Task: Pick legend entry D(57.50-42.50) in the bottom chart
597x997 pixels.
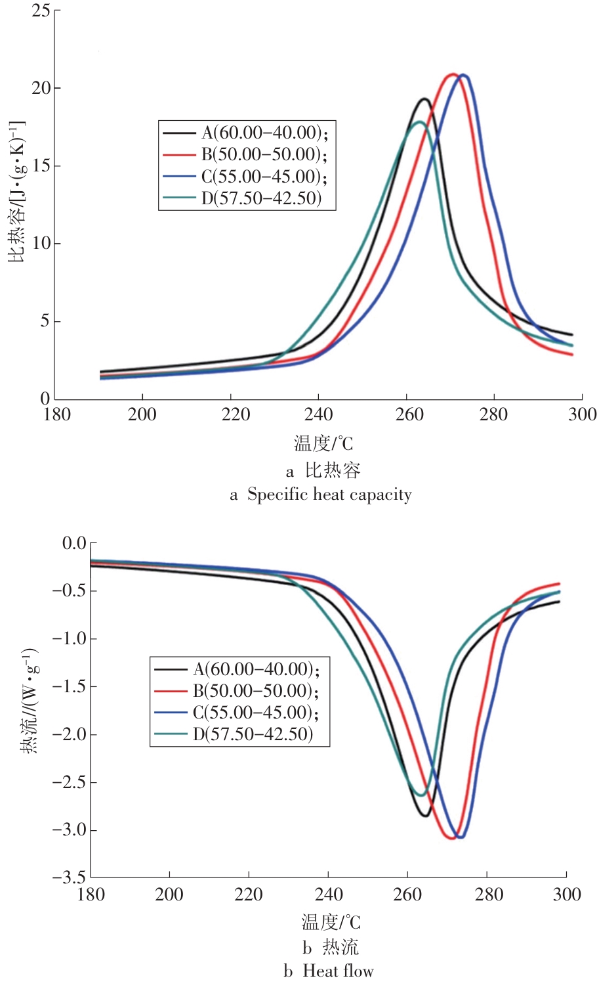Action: (253, 734)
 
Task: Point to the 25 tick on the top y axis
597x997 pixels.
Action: (41, 11)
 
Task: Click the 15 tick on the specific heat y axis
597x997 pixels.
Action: (41, 166)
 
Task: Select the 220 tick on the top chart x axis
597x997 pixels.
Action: (231, 415)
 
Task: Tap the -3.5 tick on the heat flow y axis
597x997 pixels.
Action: (70, 877)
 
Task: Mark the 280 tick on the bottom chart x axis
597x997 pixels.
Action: (487, 895)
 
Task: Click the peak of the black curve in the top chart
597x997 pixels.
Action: (424, 99)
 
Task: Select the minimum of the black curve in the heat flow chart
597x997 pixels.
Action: (426, 816)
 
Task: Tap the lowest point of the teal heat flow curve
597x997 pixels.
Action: (421, 795)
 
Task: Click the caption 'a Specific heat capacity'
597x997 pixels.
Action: (321, 495)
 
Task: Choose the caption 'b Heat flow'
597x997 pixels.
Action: (329, 971)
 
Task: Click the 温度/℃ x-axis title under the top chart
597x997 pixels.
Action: (323, 444)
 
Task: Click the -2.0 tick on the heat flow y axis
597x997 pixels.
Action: (70, 734)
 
